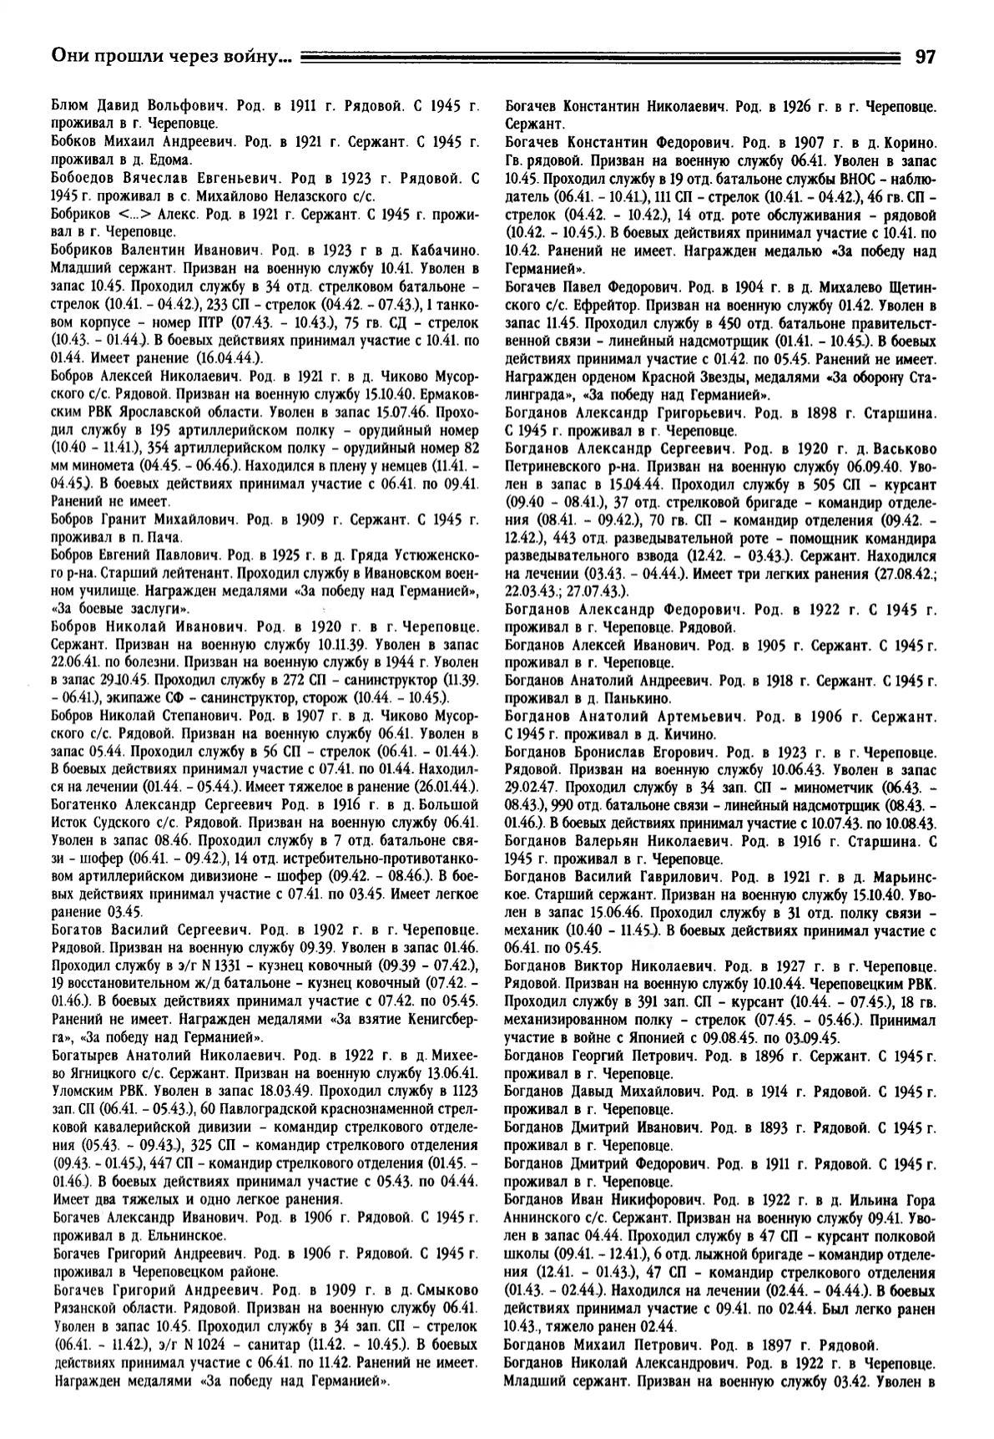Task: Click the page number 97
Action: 925,57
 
